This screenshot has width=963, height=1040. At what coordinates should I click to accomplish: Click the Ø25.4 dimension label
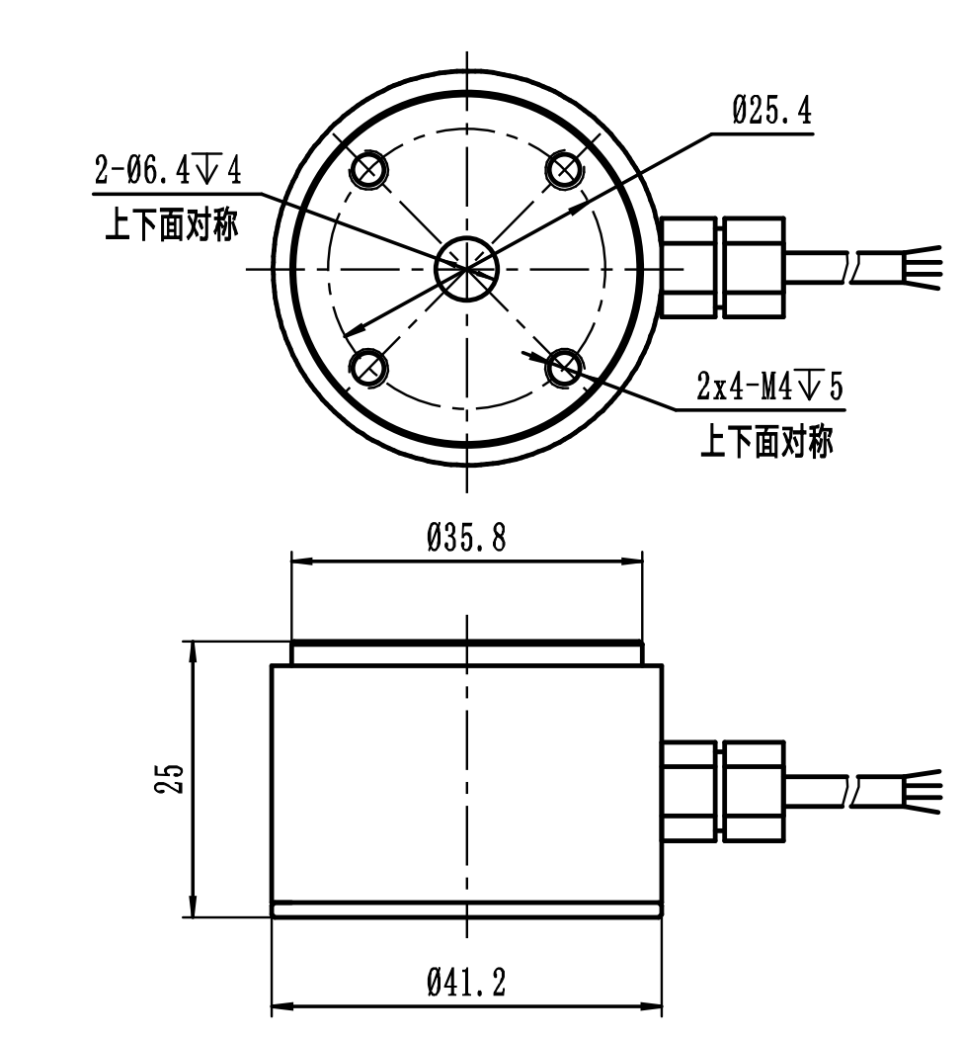772,112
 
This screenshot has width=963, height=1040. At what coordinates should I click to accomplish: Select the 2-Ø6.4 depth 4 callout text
167,171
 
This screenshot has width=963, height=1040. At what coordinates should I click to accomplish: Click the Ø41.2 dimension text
466,983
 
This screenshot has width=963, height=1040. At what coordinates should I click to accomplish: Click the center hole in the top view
467,268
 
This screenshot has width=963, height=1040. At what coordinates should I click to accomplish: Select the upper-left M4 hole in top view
369,170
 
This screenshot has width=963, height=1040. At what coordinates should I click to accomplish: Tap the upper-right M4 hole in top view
565,170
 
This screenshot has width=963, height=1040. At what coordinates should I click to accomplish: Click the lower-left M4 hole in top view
369,368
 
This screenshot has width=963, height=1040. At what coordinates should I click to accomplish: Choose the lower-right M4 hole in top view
565,368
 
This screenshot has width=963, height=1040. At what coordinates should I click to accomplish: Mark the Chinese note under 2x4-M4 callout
766,442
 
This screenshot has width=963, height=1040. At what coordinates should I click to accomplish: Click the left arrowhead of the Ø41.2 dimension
281,1008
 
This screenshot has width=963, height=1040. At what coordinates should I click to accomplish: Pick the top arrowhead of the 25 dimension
192,649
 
